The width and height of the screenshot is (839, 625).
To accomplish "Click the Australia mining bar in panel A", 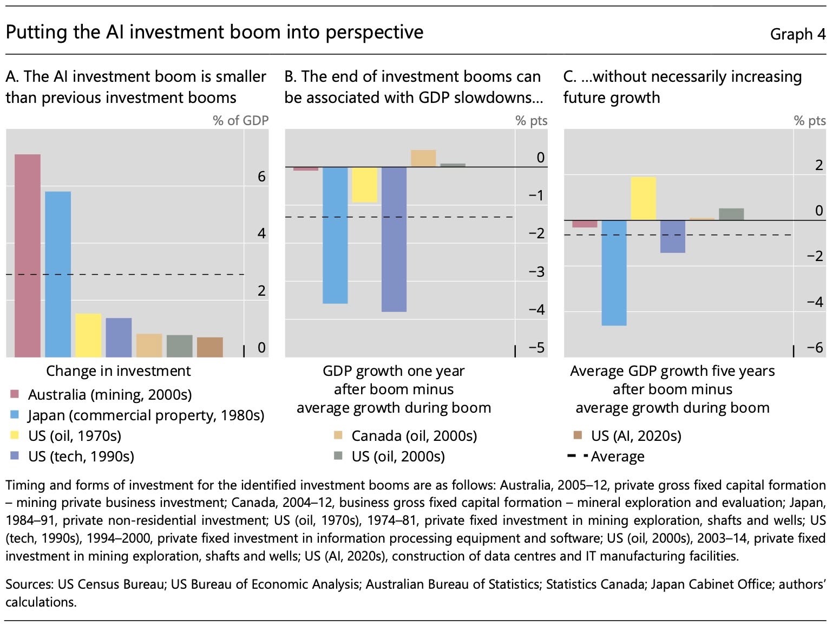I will [x=28, y=256].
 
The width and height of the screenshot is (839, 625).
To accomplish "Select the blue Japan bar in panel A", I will [x=58, y=274].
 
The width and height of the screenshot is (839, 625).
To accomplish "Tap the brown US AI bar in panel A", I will [x=210, y=347].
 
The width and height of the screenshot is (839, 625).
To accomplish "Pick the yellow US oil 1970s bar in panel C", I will [x=643, y=198].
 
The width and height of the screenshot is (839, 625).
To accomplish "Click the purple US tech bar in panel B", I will [x=394, y=239].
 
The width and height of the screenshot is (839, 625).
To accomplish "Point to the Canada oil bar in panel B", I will [x=423, y=158].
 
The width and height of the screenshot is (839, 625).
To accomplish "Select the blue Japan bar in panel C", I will [x=614, y=272].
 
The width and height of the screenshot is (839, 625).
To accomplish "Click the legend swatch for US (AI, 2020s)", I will [x=578, y=435].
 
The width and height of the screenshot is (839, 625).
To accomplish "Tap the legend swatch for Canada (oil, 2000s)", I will [x=338, y=435].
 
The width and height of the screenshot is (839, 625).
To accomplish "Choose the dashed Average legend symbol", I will [x=577, y=456].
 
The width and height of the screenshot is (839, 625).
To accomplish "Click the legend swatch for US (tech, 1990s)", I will [x=15, y=456].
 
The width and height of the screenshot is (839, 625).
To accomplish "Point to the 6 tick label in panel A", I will [x=261, y=177].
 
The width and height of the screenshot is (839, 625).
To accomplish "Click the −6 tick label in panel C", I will [x=815, y=347].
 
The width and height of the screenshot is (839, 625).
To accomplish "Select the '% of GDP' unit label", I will [x=240, y=120].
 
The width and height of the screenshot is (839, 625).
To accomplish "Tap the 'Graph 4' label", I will [x=798, y=34].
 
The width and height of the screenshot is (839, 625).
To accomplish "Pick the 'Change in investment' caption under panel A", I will [x=118, y=371].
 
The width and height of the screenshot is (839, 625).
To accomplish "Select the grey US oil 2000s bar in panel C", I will [x=731, y=214].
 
